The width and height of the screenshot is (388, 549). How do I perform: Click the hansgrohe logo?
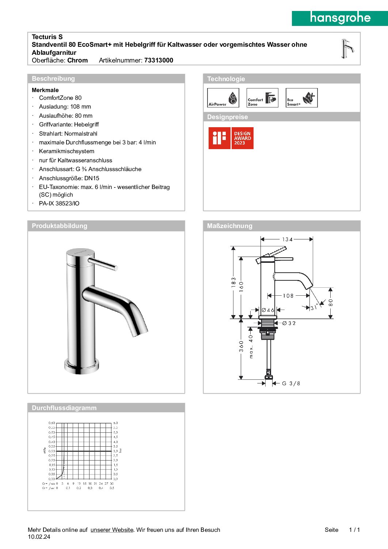pyautogui.click(x=340, y=18)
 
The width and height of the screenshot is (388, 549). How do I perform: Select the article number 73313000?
pyautogui.click(x=159, y=60)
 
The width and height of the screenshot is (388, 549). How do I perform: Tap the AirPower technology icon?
pyautogui.click(x=223, y=98)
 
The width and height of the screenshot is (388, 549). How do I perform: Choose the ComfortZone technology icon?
pyautogui.click(x=262, y=98)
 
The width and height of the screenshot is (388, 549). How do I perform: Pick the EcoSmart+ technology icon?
pyautogui.click(x=301, y=98)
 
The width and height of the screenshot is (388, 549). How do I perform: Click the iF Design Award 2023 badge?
pyautogui.click(x=231, y=138)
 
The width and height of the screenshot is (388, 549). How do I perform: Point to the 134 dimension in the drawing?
pyautogui.click(x=287, y=239)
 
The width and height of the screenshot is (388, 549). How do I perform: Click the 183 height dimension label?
pyautogui.click(x=233, y=282)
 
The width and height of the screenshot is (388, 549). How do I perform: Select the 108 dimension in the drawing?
pyautogui.click(x=288, y=296)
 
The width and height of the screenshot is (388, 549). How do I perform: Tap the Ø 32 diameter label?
pyautogui.click(x=289, y=323)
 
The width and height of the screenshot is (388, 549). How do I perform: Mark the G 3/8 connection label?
pyautogui.click(x=291, y=383)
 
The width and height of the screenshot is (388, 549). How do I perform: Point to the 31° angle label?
pyautogui.click(x=314, y=308)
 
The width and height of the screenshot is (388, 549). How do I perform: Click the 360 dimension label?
pyautogui.click(x=241, y=346)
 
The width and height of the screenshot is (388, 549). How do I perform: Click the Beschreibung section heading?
pyautogui.click(x=53, y=79)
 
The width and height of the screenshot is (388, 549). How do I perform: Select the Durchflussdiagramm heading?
pyautogui.click(x=64, y=408)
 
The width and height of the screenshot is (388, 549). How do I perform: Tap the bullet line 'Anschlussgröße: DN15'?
pyautogui.click(x=69, y=178)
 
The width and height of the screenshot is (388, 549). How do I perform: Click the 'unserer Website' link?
pyautogui.click(x=112, y=530)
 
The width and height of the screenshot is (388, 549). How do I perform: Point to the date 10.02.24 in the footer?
pyautogui.click(x=39, y=537)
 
